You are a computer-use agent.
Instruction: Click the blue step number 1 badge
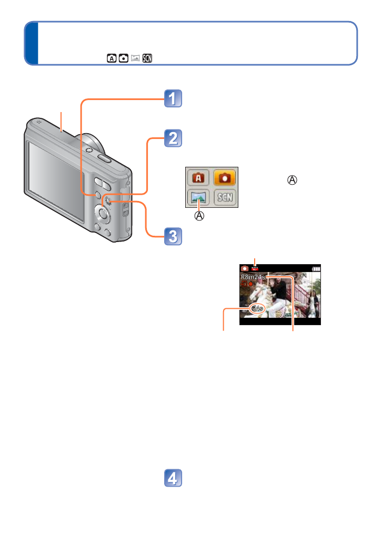tap(173, 99)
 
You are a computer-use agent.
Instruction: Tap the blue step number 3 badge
tap(173, 236)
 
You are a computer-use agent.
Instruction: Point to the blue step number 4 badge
tap(173, 478)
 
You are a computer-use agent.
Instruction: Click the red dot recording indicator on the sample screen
tap(251, 285)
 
